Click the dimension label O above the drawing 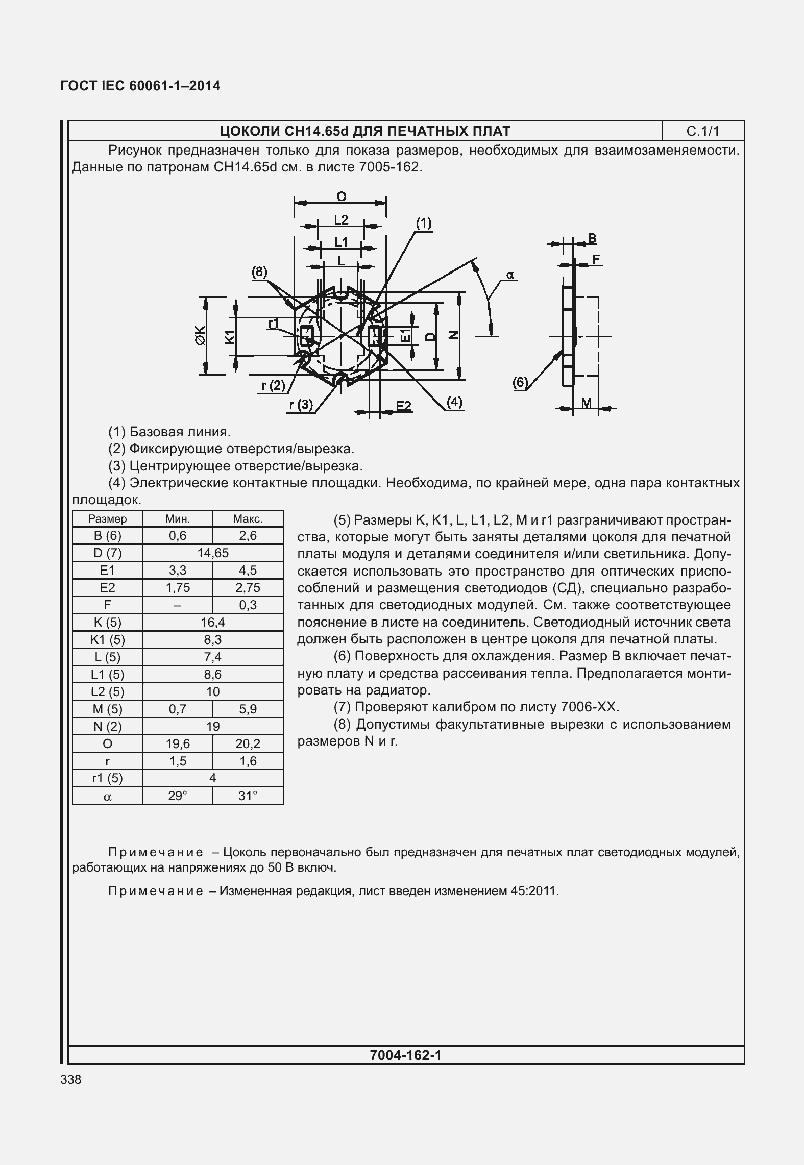click(x=342, y=196)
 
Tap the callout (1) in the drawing click(x=423, y=224)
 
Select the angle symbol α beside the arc click(x=510, y=276)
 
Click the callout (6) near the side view click(x=520, y=383)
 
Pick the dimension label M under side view click(x=587, y=403)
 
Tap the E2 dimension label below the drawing click(x=403, y=406)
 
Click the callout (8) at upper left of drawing click(x=259, y=272)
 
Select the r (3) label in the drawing click(x=301, y=405)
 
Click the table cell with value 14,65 click(x=213, y=553)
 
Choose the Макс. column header click(x=248, y=519)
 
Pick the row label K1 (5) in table click(x=107, y=640)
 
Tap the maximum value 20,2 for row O click(x=248, y=744)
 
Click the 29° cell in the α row click(x=177, y=796)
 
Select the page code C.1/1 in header click(x=702, y=132)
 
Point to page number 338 click(x=70, y=1080)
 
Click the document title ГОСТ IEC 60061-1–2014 click(x=140, y=86)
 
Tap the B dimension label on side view click(x=592, y=238)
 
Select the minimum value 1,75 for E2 click(x=177, y=588)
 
